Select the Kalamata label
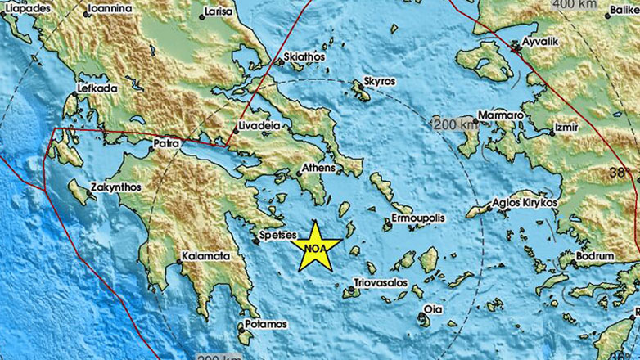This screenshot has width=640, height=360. [x=205, y=255]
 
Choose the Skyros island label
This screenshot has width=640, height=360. [x=378, y=83]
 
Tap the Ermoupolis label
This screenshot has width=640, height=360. [x=417, y=219]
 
